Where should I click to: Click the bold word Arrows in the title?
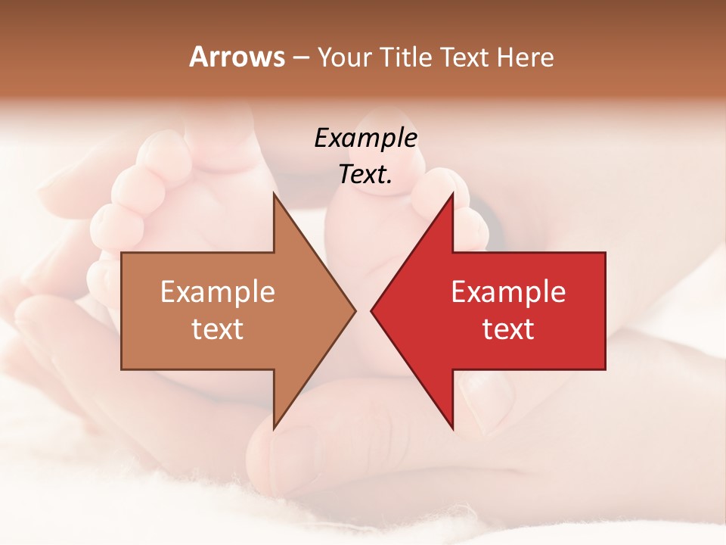(237, 57)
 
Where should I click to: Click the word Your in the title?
(345, 58)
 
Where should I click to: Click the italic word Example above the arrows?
(365, 138)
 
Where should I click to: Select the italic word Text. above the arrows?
(365, 174)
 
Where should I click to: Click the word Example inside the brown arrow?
(218, 291)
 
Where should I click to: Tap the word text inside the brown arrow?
(218, 329)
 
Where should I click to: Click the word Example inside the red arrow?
(508, 291)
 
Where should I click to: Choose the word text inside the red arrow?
(508, 329)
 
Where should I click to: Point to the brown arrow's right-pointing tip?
(355, 311)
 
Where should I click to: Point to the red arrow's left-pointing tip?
(372, 311)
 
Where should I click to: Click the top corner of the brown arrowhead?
(275, 194)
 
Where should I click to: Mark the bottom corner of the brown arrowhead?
(275, 428)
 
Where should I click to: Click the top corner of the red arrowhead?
(452, 194)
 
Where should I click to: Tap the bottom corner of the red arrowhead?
(452, 428)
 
